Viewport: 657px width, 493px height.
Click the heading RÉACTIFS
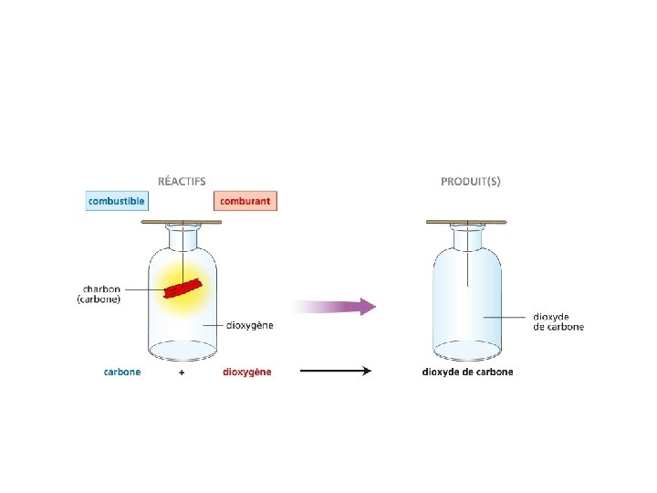pos(182,181)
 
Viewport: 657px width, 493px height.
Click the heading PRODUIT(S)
pos(470,181)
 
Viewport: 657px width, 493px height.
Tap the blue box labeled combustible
pos(117,200)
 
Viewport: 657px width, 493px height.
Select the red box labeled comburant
pos(245,200)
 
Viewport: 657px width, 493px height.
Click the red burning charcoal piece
pos(185,288)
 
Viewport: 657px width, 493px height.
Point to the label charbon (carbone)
pos(99,293)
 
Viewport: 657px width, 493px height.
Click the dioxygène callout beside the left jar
pos(251,325)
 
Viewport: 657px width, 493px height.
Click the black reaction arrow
pos(335,372)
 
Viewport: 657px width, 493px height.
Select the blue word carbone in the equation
pos(122,372)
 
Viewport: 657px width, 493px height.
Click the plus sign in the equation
pos(182,372)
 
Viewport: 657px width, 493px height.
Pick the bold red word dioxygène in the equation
pos(246,372)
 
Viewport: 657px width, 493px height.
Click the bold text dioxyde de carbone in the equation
pos(467,372)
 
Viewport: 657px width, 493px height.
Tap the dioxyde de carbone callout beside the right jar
pos(558,321)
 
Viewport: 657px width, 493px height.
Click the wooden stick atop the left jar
pos(182,222)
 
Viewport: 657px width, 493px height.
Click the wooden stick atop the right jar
pos(466,222)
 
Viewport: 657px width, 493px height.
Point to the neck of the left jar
pos(182,237)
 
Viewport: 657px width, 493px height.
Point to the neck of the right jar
pos(466,237)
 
